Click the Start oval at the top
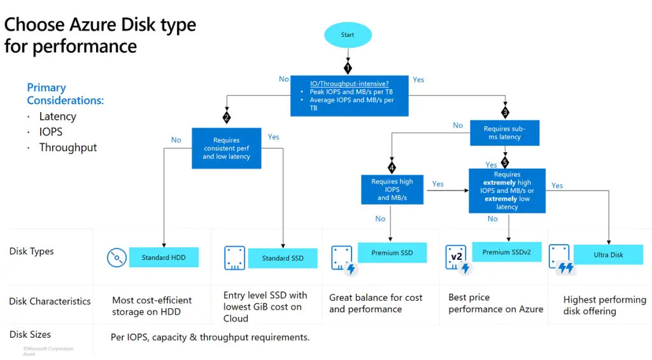(347, 35)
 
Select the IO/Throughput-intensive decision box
(349, 96)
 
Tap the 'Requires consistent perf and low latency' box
(226, 148)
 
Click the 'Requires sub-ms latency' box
(506, 133)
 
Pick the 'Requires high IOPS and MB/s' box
(392, 190)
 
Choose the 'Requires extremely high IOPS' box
(507, 191)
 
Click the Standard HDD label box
(164, 257)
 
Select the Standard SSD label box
(283, 258)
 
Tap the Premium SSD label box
(392, 253)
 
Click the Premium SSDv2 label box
(506, 252)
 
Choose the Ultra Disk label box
(608, 255)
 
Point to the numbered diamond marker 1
(348, 68)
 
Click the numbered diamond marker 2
(226, 118)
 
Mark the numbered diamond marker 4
(392, 168)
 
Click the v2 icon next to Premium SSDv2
(456, 257)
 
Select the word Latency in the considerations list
(57, 117)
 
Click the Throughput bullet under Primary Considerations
(67, 147)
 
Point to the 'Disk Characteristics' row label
(50, 301)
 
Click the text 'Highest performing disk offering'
(604, 305)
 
